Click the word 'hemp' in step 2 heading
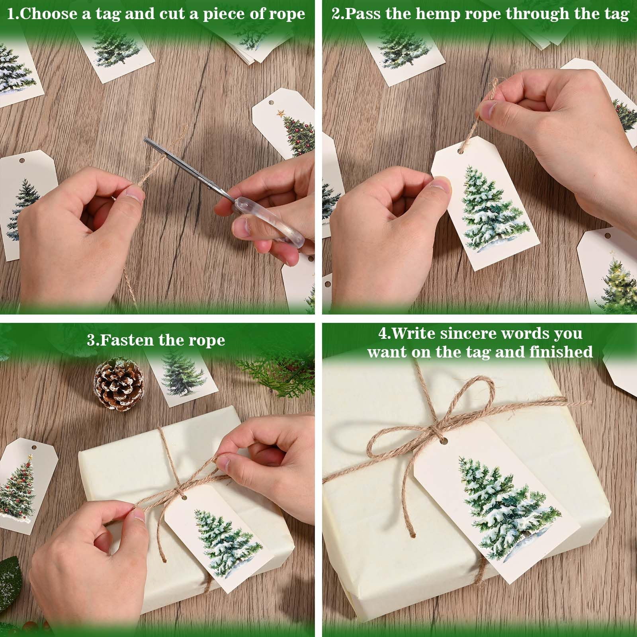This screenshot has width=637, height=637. (440, 14)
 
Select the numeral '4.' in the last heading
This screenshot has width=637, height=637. (385, 333)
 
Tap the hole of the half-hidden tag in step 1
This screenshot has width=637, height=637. (22, 161)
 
